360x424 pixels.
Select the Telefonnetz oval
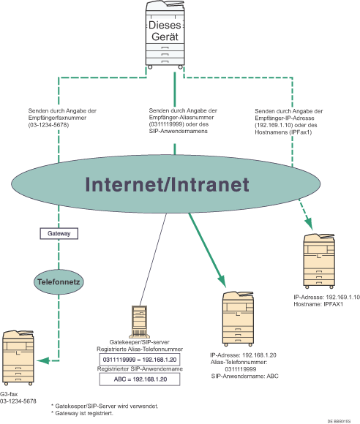tap(59, 279)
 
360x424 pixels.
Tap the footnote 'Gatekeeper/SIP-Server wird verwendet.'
tap(107, 405)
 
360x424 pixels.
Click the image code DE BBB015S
tap(340, 422)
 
